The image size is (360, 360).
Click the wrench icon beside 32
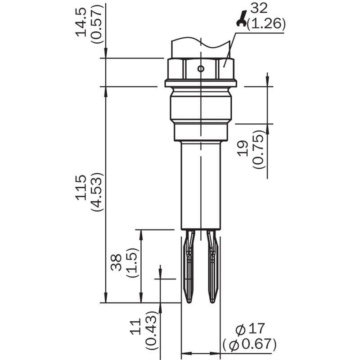click(242, 19)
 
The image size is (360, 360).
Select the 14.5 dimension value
click(81, 22)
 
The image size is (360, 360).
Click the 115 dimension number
click(81, 188)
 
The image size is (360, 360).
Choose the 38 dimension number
click(116, 262)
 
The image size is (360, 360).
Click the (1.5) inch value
click(132, 263)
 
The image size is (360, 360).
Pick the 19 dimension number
click(243, 148)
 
